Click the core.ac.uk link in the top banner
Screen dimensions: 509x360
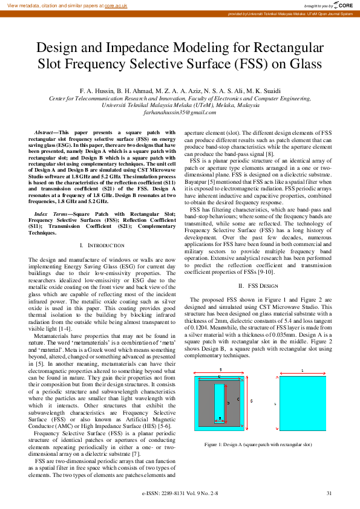(x=116, y=5)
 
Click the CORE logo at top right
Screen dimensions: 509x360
(x=343, y=5)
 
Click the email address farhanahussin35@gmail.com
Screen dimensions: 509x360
(x=180, y=112)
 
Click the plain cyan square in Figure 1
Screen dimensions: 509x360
(x=301, y=402)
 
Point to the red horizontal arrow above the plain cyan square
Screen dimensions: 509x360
(x=301, y=369)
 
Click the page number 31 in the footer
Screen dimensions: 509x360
(x=329, y=493)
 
